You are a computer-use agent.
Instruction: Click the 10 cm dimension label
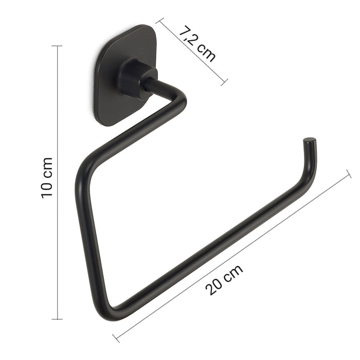point(47,177)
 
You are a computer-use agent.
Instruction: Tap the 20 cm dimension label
point(224,280)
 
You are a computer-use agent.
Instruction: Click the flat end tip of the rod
point(310,139)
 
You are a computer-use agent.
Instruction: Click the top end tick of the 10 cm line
point(57,46)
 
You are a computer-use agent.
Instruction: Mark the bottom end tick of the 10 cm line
point(57,319)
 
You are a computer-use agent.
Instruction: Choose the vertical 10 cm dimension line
point(57,231)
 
